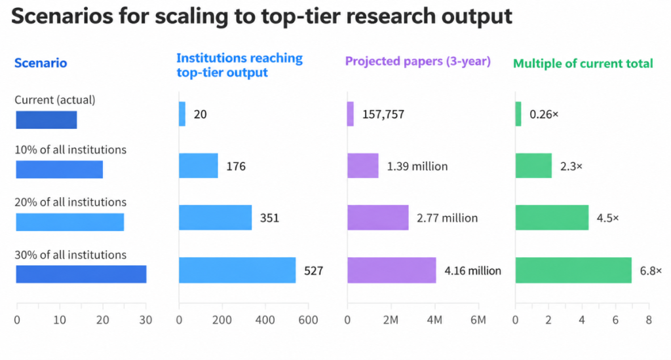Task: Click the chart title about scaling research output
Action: pos(261,16)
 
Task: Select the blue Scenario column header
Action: pos(41,63)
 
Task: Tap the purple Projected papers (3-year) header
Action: pos(417,61)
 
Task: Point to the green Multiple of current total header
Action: pos(583,63)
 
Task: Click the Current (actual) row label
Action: pos(55,99)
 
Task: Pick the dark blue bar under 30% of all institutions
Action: pos(81,274)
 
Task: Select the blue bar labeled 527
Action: pos(237,270)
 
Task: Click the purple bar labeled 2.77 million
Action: pos(378,217)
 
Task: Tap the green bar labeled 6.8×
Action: pos(573,270)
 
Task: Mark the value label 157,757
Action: pos(383,115)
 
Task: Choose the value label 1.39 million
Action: pos(417,166)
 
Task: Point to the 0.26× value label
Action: pos(544,114)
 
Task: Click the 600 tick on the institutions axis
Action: pos(308,320)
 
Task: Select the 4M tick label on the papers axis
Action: pos(434,320)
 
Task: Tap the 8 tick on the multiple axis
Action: pos(649,320)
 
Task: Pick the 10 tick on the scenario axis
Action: pos(60,320)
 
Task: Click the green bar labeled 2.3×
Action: pos(533,166)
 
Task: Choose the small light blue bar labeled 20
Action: pos(182,114)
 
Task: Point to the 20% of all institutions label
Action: pos(71,202)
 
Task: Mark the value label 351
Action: pos(269,218)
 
